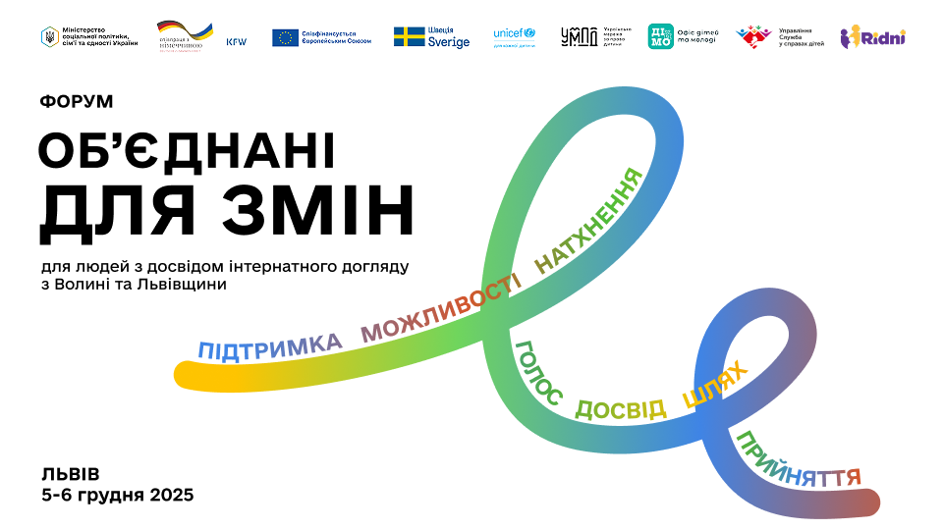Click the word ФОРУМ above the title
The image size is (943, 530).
pyautogui.click(x=78, y=101)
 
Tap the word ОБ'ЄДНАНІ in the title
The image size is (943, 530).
pyautogui.click(x=187, y=151)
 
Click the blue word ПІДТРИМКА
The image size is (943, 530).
pyautogui.click(x=270, y=345)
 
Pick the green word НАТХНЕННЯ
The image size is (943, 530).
pyautogui.click(x=588, y=222)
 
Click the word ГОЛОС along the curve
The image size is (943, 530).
pyautogui.click(x=537, y=374)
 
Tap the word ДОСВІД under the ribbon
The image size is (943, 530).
pyautogui.click(x=620, y=409)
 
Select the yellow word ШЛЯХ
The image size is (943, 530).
pyautogui.click(x=715, y=385)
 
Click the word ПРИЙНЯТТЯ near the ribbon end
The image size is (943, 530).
pyautogui.click(x=798, y=461)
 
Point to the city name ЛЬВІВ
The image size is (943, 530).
pyautogui.click(x=71, y=473)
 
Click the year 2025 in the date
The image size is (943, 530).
pyautogui.click(x=171, y=495)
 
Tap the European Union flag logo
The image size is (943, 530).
pyautogui.click(x=286, y=37)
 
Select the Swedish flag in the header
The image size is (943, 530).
pyautogui.click(x=409, y=36)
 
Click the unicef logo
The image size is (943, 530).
pyautogui.click(x=514, y=33)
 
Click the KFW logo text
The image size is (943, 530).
pyautogui.click(x=237, y=42)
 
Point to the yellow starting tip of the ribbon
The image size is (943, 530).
pyautogui.click(x=187, y=374)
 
